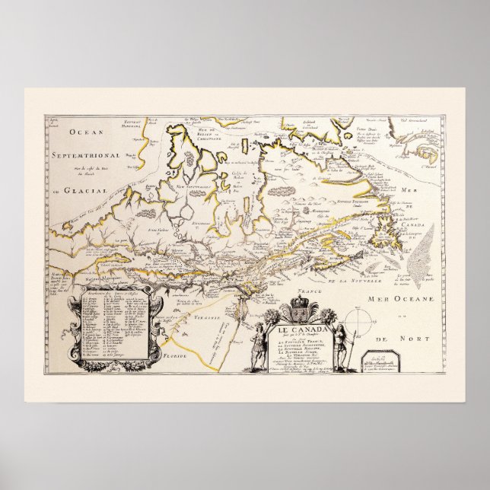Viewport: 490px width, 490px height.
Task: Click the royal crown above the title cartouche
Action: [297, 311]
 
